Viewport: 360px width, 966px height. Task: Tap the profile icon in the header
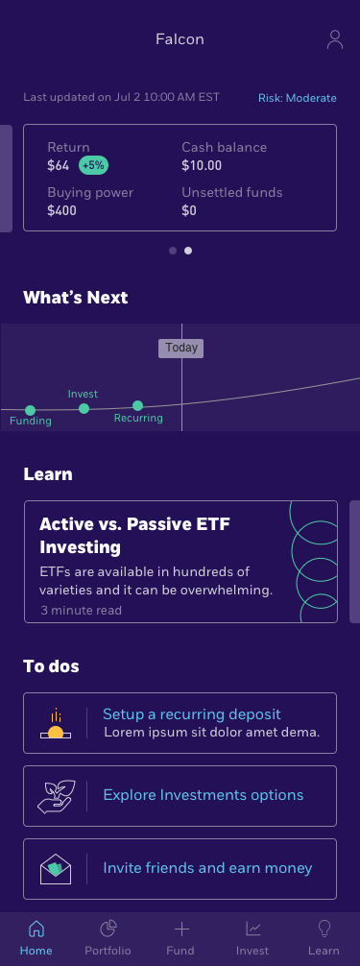click(334, 39)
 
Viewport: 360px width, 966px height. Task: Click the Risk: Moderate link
click(297, 98)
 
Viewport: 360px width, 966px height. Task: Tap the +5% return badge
click(93, 165)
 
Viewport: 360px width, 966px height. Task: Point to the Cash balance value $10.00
click(202, 165)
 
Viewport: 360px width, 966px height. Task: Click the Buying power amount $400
click(61, 210)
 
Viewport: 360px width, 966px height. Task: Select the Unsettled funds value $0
click(189, 210)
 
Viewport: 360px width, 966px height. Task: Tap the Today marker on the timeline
click(181, 348)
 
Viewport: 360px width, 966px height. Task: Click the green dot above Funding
click(30, 410)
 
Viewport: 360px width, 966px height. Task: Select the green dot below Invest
click(84, 408)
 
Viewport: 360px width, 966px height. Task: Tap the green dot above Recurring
click(137, 405)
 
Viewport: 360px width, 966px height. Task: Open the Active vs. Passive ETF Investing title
click(134, 536)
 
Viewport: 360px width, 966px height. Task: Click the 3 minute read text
click(81, 610)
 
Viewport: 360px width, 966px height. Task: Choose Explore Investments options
click(203, 795)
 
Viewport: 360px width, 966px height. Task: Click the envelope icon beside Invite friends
click(56, 868)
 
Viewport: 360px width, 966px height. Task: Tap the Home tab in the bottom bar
click(36, 938)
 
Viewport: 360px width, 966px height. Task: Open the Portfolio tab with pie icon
click(108, 938)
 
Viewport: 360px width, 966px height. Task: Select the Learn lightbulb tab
click(324, 938)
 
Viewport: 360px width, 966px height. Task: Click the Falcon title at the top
click(180, 39)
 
